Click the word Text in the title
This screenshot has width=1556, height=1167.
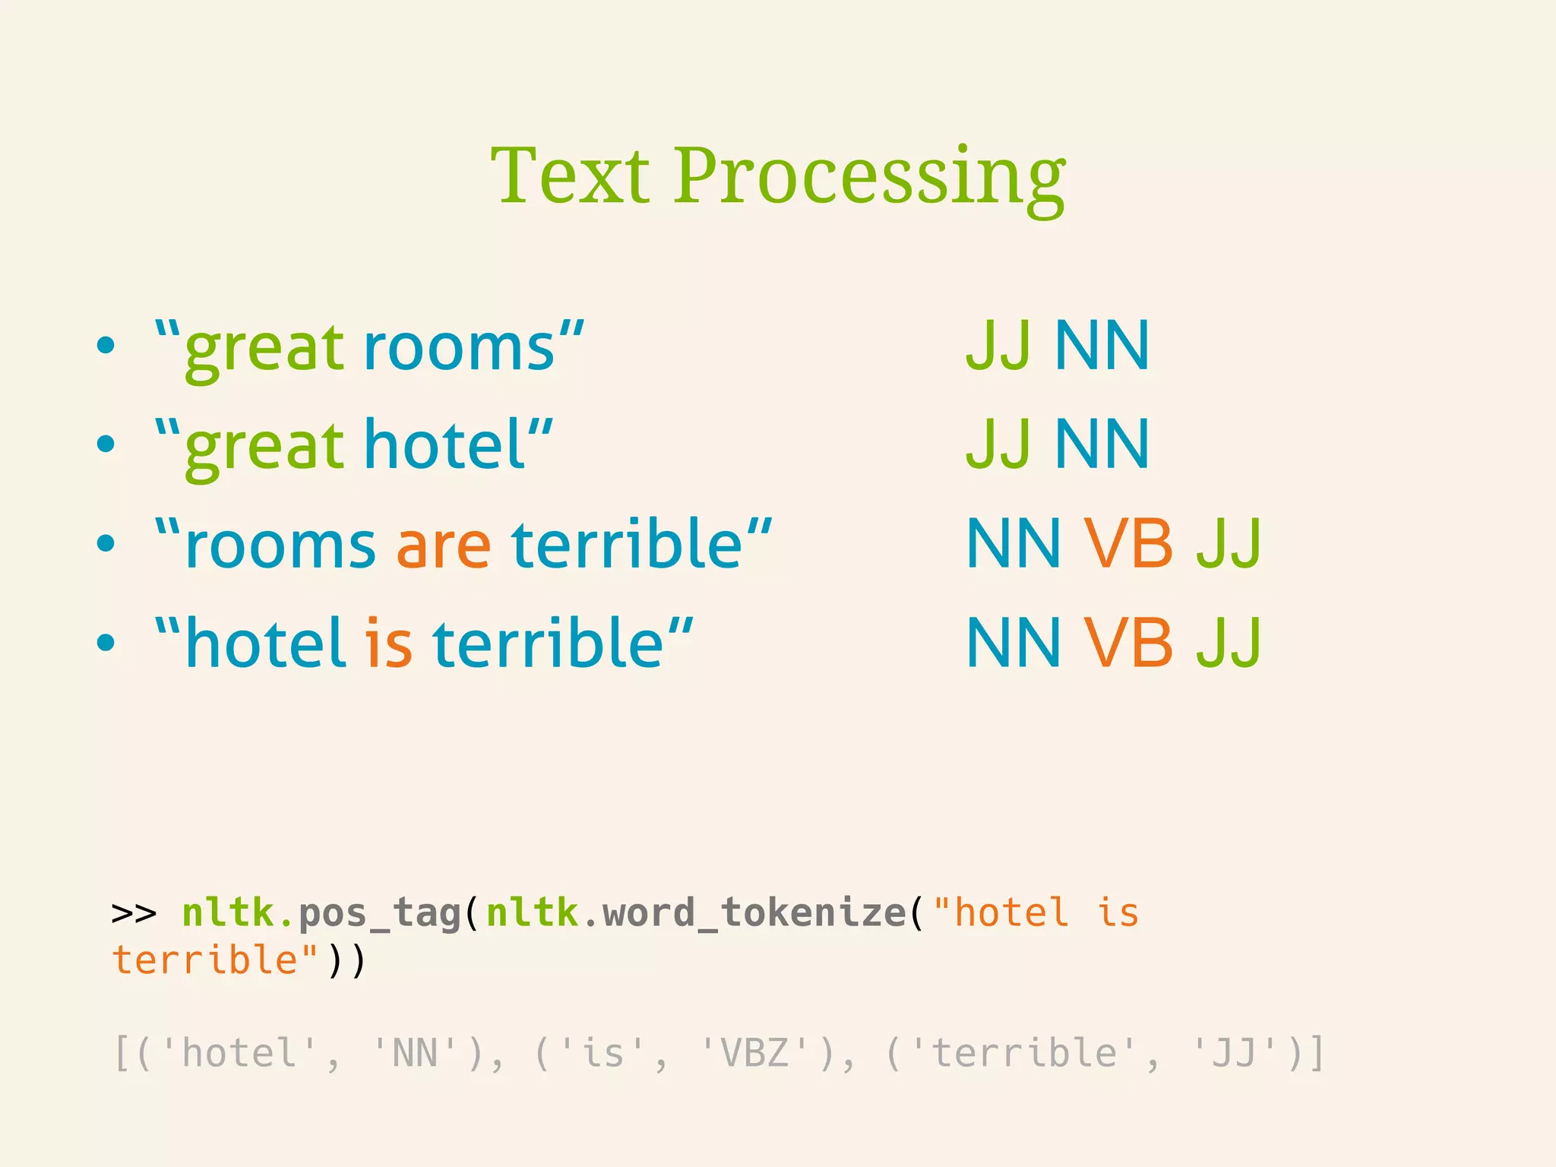(571, 176)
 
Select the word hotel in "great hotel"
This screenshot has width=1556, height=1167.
(445, 445)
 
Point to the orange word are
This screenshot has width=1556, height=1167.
(444, 546)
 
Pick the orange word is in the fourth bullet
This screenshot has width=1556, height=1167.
(388, 644)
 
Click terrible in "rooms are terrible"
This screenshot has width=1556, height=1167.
(626, 544)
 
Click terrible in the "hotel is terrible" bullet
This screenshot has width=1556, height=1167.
(548, 644)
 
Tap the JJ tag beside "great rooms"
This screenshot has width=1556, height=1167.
(998, 346)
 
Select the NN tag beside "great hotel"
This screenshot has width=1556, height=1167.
(1102, 444)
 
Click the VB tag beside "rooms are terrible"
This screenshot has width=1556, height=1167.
(1127, 544)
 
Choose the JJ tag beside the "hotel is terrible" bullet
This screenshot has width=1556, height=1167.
(1229, 644)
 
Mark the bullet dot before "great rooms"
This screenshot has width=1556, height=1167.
(106, 346)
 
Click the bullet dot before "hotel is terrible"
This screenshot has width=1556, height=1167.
(106, 643)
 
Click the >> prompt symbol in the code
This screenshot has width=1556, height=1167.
(134, 912)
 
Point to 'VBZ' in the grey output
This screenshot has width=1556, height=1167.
(754, 1054)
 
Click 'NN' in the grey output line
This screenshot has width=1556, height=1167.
(415, 1054)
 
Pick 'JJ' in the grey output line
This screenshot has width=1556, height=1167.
(1234, 1054)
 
